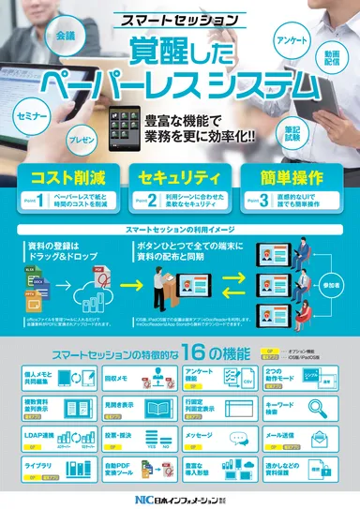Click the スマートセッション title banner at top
pyautogui.click(x=180, y=18)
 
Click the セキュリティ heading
pyautogui.click(x=178, y=177)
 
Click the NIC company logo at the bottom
pyautogui.click(x=179, y=499)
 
